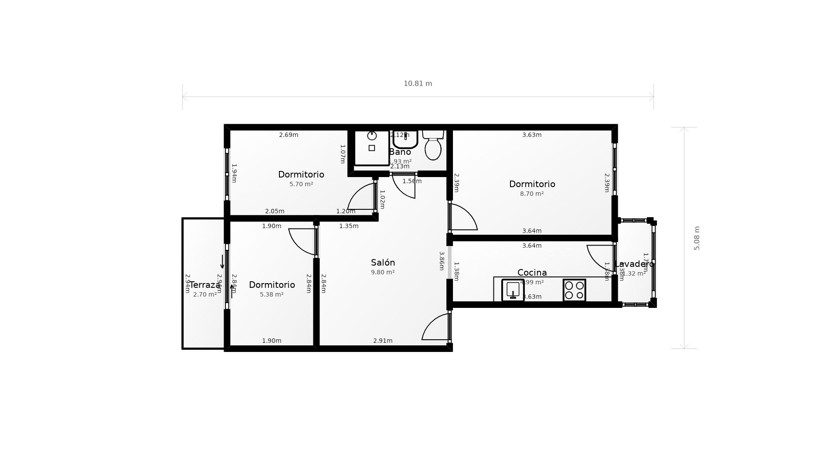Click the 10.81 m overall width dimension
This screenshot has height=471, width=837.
pyautogui.click(x=418, y=84)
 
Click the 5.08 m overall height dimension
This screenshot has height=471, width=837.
pyautogui.click(x=697, y=238)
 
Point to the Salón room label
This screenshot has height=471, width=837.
pyautogui.click(x=383, y=263)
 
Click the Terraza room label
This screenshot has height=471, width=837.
pyautogui.click(x=204, y=285)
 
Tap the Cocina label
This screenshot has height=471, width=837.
pyautogui.click(x=532, y=273)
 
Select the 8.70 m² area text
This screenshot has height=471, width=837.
pyautogui.click(x=532, y=194)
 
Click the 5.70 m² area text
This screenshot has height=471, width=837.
pyautogui.click(x=301, y=184)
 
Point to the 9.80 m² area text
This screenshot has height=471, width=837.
pyautogui.click(x=383, y=273)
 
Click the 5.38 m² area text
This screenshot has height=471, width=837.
pyautogui.click(x=272, y=295)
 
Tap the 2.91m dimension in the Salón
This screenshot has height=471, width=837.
pyautogui.click(x=383, y=341)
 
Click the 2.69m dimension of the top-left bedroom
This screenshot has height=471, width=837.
pyautogui.click(x=289, y=135)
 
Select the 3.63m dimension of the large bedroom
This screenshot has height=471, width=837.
pyautogui.click(x=532, y=135)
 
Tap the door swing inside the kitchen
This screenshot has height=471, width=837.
pyautogui.click(x=600, y=257)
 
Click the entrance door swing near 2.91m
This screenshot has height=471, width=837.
pyautogui.click(x=435, y=327)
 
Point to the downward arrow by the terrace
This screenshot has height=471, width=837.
pyautogui.click(x=222, y=262)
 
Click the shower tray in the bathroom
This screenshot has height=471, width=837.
pyautogui.click(x=371, y=148)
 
